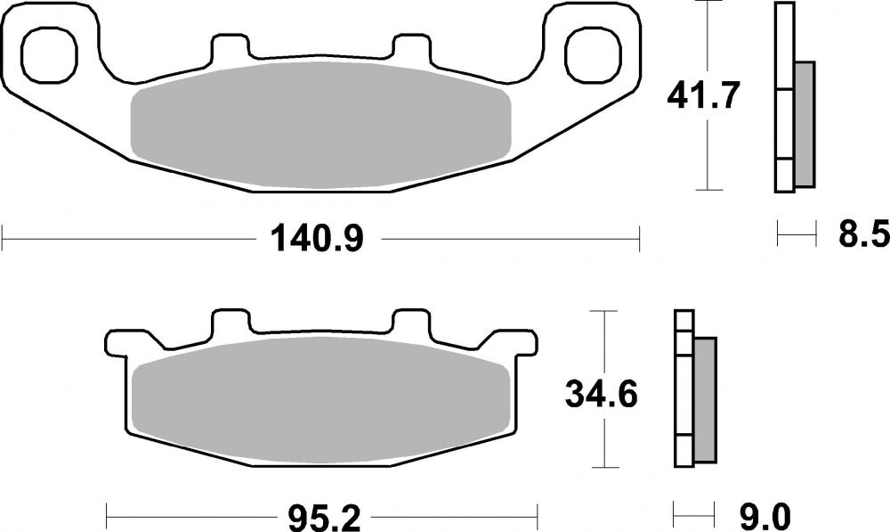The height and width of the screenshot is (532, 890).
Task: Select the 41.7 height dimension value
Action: [x=703, y=95]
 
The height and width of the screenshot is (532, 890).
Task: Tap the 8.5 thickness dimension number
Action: [x=862, y=236]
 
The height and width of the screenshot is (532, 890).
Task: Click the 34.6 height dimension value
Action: [x=602, y=393]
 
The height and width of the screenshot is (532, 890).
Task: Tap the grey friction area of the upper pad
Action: [x=320, y=125]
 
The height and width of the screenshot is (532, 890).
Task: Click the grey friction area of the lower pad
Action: [x=320, y=397]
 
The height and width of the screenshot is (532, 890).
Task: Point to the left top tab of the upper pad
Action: [x=231, y=48]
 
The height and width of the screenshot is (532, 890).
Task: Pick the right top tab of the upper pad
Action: [x=412, y=48]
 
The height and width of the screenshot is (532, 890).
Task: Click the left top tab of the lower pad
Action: [x=231, y=322]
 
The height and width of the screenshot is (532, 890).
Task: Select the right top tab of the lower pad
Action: [x=412, y=322]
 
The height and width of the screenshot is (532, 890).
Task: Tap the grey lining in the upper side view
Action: [x=804, y=124]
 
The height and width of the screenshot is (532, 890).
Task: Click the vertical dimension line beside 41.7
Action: [x=708, y=151]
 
